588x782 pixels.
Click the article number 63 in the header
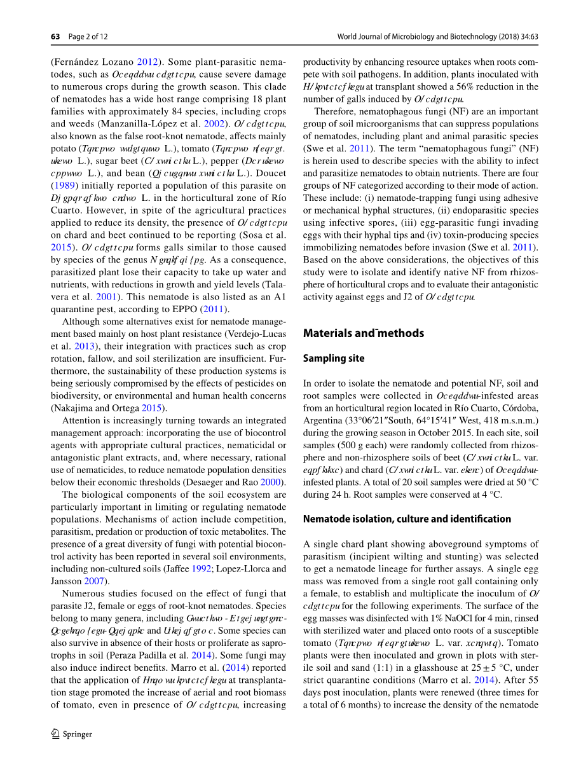[x=55, y=36]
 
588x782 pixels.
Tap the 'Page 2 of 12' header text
[x=88, y=36]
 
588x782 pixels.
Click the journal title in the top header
[x=437, y=36]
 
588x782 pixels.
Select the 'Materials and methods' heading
[x=363, y=333]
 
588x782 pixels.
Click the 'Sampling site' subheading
[x=334, y=359]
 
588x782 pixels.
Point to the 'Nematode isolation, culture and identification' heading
[x=407, y=519]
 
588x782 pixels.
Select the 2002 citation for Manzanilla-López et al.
[x=214, y=124]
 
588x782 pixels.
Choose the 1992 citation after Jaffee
[x=201, y=568]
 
